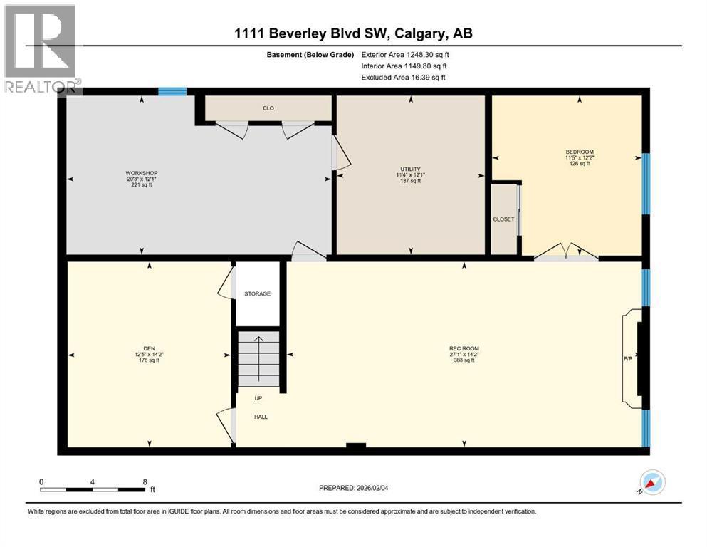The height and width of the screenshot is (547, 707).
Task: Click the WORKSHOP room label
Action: click(141, 173)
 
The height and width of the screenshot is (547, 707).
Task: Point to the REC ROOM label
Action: click(463, 349)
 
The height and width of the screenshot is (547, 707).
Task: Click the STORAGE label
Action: click(257, 293)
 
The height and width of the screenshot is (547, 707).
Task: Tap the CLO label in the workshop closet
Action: click(268, 108)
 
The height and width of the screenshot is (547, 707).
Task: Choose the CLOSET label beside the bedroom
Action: click(503, 219)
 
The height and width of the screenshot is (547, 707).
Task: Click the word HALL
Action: click(261, 417)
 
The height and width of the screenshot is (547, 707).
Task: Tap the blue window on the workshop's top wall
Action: click(172, 91)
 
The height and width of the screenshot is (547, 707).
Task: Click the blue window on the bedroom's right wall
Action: click(646, 184)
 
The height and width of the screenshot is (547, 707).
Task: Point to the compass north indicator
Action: click(652, 483)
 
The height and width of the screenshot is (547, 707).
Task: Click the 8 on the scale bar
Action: click(145, 481)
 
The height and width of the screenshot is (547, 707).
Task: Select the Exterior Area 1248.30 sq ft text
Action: click(405, 54)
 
